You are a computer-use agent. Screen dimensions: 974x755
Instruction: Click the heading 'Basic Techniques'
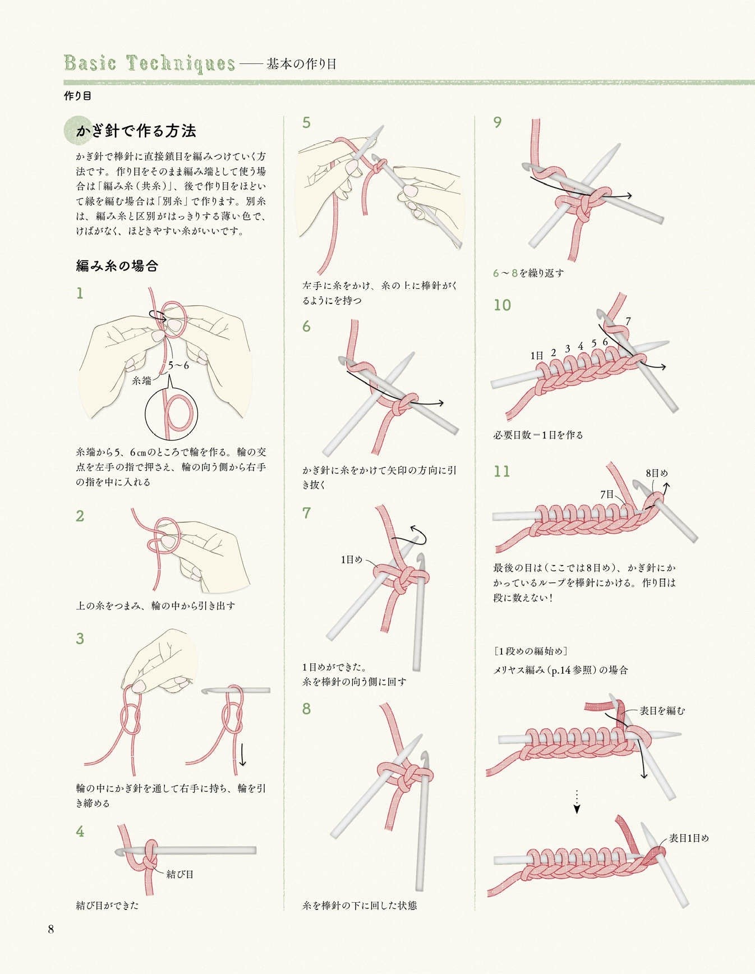(x=149, y=63)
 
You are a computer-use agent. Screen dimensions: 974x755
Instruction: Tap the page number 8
(x=50, y=929)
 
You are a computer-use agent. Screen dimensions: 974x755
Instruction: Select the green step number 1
(x=80, y=293)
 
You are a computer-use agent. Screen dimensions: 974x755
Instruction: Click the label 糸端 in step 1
(x=142, y=381)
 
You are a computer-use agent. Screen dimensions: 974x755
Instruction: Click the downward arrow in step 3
(x=242, y=755)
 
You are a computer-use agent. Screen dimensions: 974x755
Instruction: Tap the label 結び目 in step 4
(x=180, y=874)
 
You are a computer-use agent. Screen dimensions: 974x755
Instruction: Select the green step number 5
(x=306, y=123)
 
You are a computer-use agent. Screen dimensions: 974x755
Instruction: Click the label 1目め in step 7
(x=352, y=559)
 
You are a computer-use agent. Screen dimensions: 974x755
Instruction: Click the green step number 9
(x=497, y=123)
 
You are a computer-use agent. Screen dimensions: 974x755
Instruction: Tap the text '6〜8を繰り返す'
(x=528, y=273)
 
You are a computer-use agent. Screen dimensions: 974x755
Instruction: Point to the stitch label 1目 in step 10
(x=537, y=356)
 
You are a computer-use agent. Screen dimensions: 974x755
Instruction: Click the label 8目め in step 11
(x=657, y=473)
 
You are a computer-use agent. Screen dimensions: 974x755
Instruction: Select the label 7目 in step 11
(x=607, y=494)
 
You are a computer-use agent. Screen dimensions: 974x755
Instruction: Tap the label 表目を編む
(x=662, y=711)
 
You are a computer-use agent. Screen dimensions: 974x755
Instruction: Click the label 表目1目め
(x=689, y=838)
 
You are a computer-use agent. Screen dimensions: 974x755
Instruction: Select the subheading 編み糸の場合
(x=117, y=266)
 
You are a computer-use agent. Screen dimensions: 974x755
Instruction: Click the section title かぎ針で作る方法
(x=136, y=131)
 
